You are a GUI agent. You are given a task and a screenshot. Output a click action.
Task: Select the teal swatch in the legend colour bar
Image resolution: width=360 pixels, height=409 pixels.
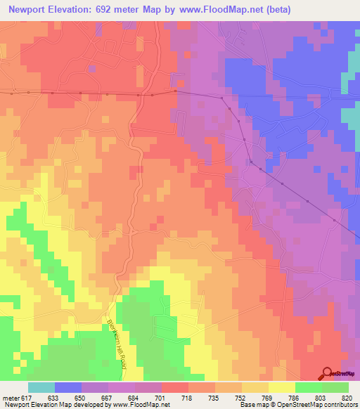pyautogui.click(x=41, y=388)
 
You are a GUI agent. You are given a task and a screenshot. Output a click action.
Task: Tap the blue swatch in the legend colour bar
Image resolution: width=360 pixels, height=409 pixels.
pyautogui.click(x=67, y=388)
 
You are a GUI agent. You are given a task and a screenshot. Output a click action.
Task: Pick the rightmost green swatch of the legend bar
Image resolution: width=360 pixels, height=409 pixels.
pyautogui.click(x=335, y=388)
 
